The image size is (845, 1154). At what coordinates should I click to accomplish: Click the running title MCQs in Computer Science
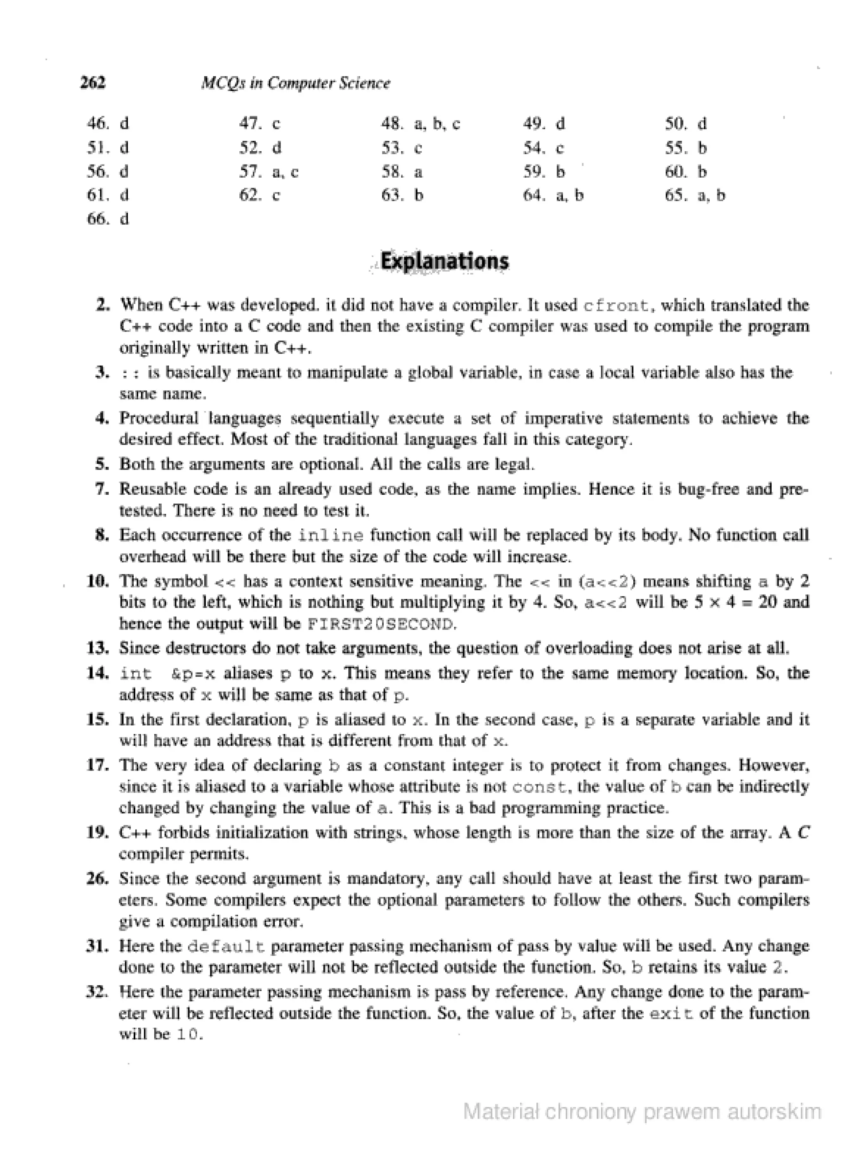pos(296,83)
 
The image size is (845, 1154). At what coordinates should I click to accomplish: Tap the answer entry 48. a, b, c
pos(420,124)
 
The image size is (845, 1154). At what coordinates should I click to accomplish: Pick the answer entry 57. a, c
pos(269,172)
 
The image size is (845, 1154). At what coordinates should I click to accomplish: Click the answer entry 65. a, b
pos(695,195)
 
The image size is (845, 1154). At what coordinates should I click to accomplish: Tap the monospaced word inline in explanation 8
pos(331,536)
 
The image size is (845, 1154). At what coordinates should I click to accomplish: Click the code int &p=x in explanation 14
pos(167,674)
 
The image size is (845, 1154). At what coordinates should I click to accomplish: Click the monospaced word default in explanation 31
pos(226,947)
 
